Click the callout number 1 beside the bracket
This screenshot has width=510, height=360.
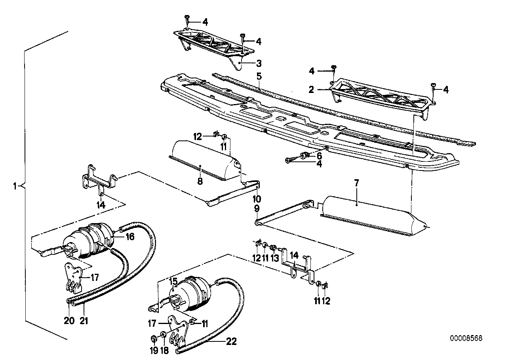tap(15, 185)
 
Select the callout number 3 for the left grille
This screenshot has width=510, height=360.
tap(259, 63)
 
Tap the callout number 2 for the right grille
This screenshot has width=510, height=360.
tap(312, 90)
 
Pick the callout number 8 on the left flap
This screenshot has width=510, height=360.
tap(200, 182)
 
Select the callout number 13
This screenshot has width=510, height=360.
tap(273, 258)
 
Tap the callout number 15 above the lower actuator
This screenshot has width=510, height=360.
tap(173, 281)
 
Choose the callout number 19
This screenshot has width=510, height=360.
tap(154, 351)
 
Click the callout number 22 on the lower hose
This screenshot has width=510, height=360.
tap(231, 342)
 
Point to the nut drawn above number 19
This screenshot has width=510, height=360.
tap(154, 339)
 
